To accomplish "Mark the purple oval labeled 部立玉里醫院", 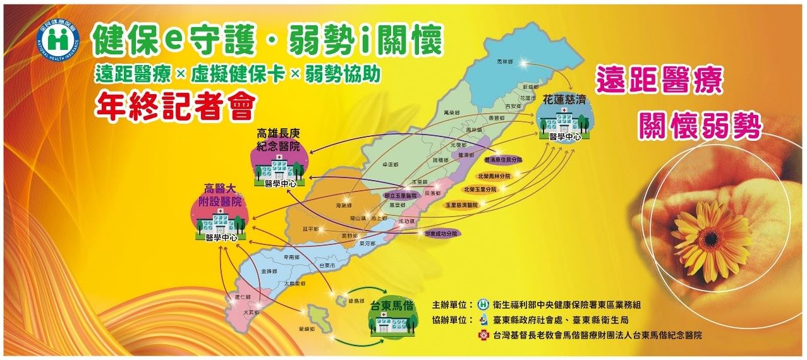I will coord(401,196).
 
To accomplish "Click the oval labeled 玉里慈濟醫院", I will coord(461,205).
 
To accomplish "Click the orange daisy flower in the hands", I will coord(702,232).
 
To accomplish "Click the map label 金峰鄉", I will coord(269,270).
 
